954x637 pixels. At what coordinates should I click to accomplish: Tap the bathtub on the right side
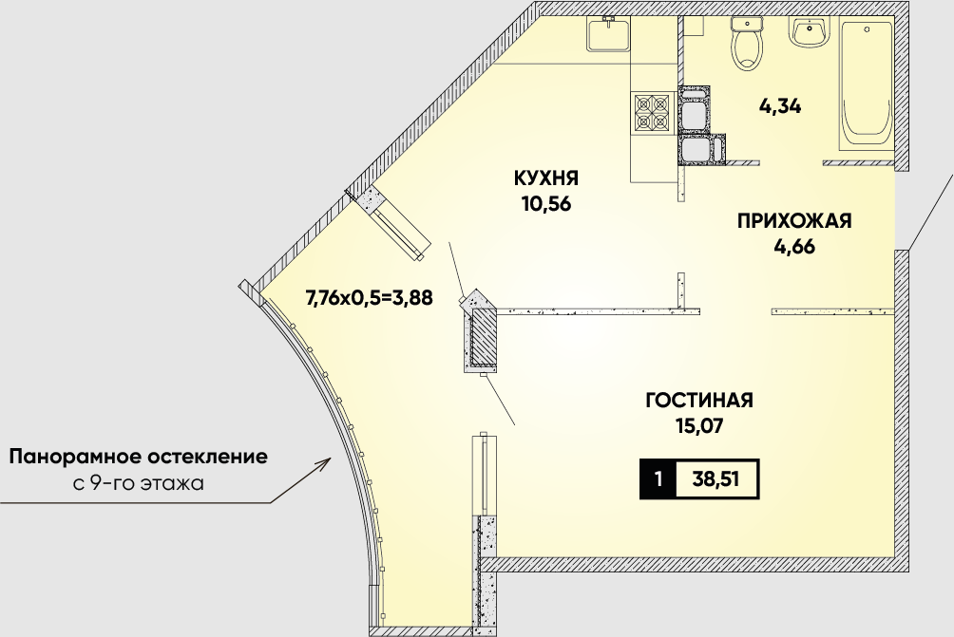[x=866, y=84]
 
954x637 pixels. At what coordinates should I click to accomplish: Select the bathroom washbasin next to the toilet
[x=809, y=31]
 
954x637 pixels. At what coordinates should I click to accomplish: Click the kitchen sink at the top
[x=608, y=34]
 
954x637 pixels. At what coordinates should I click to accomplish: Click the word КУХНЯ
[x=546, y=178]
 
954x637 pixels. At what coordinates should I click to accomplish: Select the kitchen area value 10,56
[x=546, y=203]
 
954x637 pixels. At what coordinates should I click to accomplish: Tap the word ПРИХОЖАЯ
[x=794, y=220]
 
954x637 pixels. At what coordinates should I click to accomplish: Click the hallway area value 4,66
[x=794, y=247]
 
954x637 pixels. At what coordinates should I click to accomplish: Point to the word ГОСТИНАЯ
[x=699, y=401]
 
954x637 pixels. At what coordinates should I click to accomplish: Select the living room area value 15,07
[x=699, y=426]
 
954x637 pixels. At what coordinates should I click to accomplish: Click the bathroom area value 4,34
[x=779, y=106]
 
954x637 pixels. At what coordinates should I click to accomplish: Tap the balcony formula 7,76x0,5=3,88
[x=369, y=298]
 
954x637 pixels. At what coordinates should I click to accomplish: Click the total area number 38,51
[x=715, y=479]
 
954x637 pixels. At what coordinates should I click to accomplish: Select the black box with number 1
[x=658, y=479]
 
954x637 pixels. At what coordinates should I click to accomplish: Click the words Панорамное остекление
[x=138, y=457]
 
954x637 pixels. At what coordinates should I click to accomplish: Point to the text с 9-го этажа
[x=138, y=484]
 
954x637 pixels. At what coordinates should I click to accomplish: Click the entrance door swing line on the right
[x=929, y=212]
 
